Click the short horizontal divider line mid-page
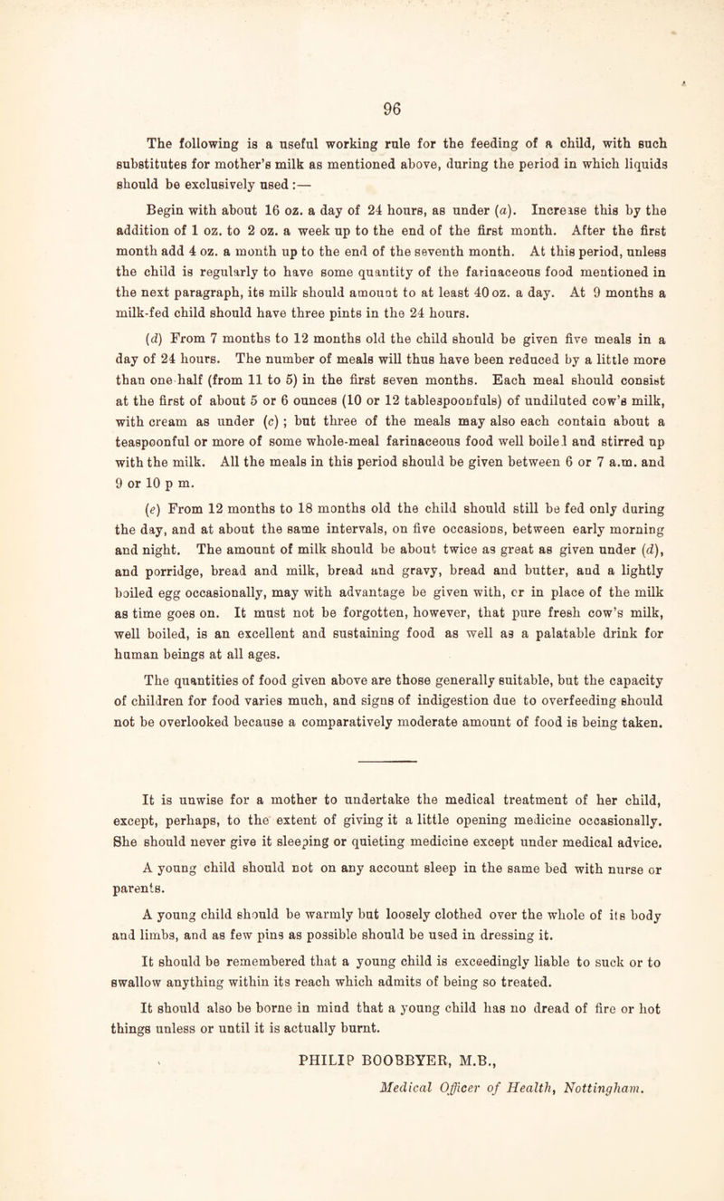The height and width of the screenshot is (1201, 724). pos(361,709)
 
